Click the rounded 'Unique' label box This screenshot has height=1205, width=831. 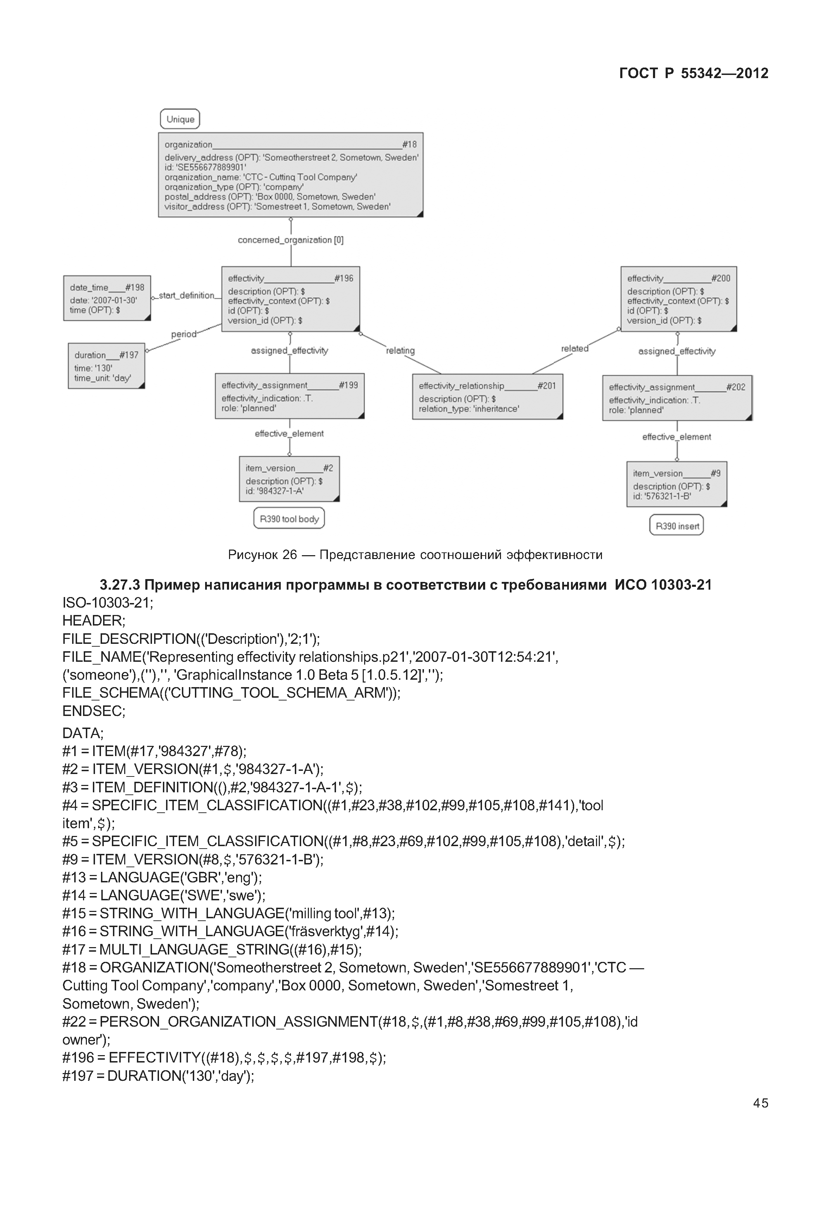click(x=180, y=119)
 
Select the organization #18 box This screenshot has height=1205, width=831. click(x=291, y=175)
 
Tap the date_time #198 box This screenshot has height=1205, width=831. click(x=107, y=298)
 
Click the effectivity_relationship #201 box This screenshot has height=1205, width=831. click(x=487, y=396)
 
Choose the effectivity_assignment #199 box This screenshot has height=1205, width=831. click(x=290, y=396)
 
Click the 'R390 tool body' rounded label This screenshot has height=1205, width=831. click(x=289, y=519)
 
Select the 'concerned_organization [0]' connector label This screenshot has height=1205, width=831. click(x=291, y=240)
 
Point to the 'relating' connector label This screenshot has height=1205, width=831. click(x=400, y=350)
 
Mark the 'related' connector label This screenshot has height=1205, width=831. click(x=575, y=348)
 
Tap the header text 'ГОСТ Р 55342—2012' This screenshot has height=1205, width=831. click(x=693, y=74)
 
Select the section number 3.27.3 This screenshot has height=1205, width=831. click(x=120, y=585)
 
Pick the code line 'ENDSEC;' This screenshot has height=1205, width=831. click(x=94, y=711)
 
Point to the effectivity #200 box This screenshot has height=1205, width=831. click(x=678, y=299)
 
